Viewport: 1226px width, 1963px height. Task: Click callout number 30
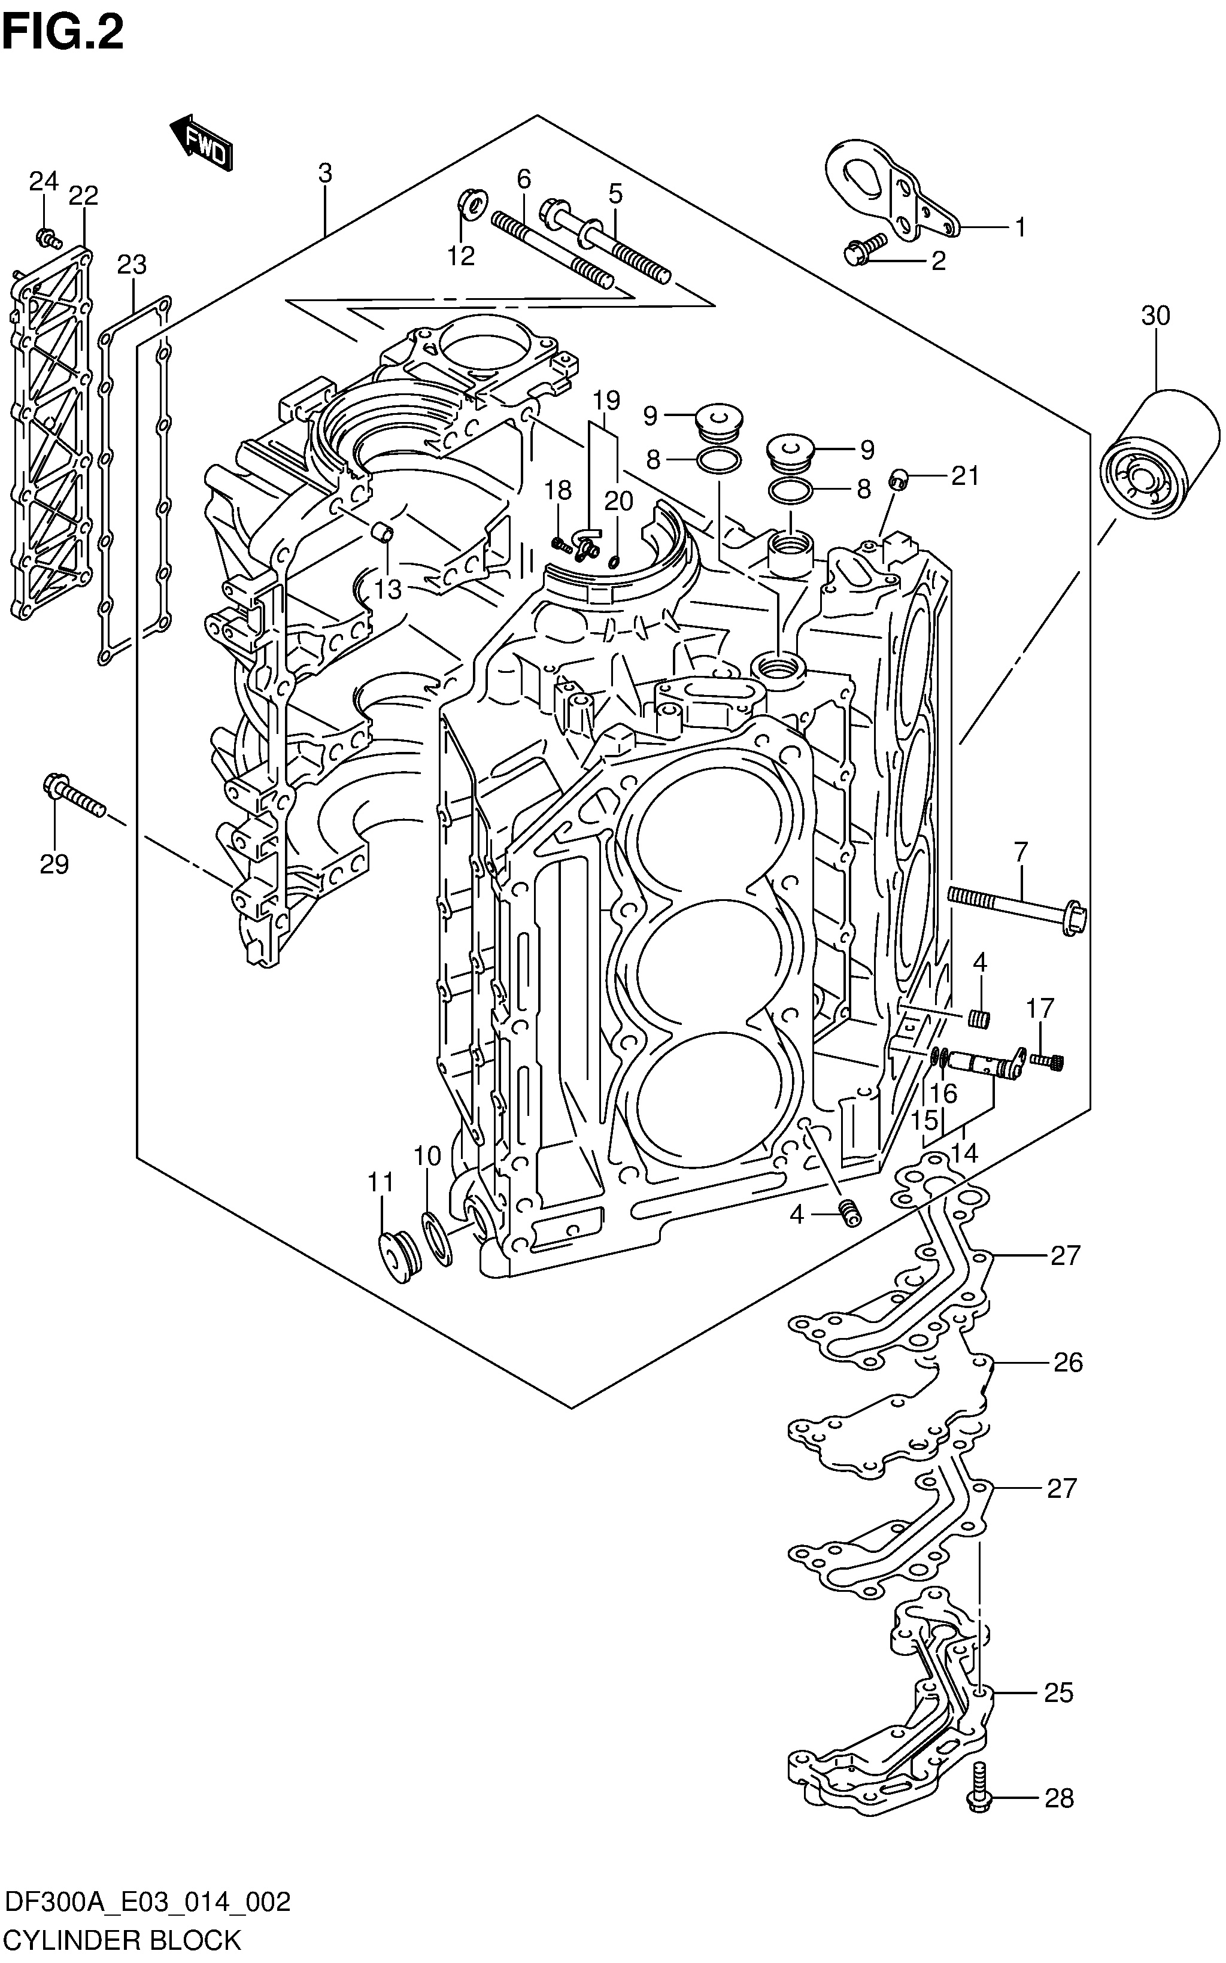pyautogui.click(x=1155, y=315)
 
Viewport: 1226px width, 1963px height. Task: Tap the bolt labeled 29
pyautogui.click(x=73, y=796)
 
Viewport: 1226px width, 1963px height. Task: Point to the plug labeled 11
pyautogui.click(x=398, y=1258)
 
